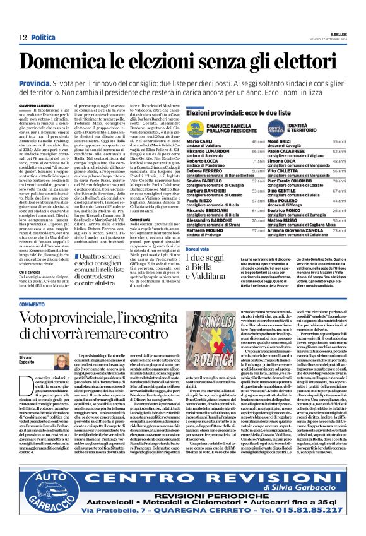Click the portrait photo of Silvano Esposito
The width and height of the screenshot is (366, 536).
tap(61, 362)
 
